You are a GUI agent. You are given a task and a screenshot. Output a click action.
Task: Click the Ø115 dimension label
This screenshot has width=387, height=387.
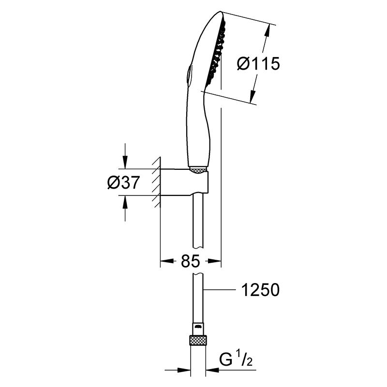click(x=258, y=64)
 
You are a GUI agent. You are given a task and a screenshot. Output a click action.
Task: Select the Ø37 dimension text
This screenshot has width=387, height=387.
click(x=124, y=182)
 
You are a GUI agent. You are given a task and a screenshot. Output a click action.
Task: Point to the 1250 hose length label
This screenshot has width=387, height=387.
click(x=260, y=290)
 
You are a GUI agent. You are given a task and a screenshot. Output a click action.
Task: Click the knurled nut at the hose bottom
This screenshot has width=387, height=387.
click(x=198, y=341)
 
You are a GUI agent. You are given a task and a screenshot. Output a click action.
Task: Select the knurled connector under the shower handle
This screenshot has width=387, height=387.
click(x=198, y=170)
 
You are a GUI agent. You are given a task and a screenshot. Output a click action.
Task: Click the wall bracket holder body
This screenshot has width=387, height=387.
click(x=185, y=182)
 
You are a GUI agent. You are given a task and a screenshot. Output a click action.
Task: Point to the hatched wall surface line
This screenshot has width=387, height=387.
click(x=160, y=182)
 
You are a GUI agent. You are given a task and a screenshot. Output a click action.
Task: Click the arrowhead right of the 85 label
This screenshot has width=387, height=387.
click(x=214, y=261)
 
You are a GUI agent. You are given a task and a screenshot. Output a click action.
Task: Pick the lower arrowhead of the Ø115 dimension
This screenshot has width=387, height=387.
click(x=252, y=96)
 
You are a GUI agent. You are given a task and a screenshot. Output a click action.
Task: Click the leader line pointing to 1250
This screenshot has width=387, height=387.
click(x=220, y=289)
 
